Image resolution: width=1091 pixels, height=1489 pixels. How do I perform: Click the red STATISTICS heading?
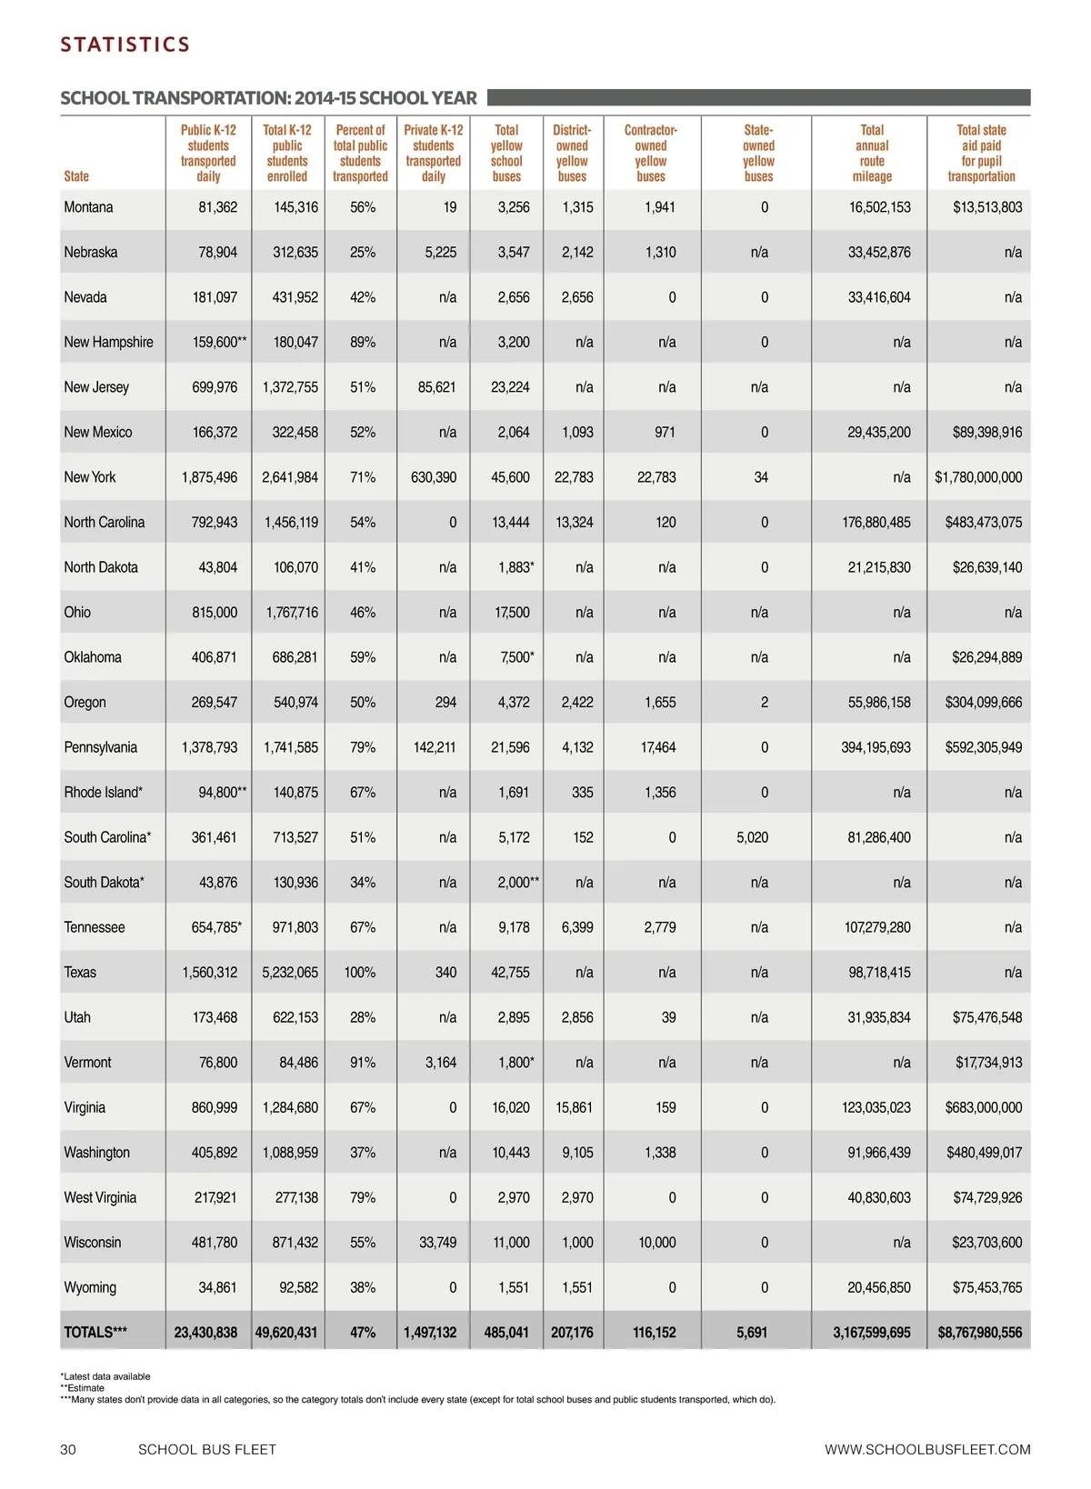125,45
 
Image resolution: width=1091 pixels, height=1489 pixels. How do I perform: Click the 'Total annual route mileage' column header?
872,154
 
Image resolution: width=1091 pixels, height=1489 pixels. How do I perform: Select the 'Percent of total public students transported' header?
360,154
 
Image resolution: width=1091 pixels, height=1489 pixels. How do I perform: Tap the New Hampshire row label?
108,342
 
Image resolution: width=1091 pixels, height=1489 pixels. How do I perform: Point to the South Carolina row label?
107,837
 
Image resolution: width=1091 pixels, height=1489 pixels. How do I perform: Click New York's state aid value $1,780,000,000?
978,477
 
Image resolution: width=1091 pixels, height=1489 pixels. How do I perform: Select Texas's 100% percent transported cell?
360,973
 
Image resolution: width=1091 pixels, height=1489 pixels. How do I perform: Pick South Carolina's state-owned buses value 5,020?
752,837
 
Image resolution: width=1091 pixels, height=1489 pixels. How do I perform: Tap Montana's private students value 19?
449,207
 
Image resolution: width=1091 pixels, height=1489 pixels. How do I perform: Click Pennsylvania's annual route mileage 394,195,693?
876,747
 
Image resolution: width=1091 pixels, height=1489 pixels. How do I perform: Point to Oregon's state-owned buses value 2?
764,703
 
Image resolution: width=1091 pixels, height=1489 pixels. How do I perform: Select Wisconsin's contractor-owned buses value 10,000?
656,1243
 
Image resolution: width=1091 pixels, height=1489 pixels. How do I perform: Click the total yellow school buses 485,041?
506,1333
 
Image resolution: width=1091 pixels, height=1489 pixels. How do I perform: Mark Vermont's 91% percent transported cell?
362,1063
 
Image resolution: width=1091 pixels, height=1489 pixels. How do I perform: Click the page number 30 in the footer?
68,1450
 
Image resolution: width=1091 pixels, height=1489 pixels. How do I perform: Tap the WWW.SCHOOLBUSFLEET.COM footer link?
927,1450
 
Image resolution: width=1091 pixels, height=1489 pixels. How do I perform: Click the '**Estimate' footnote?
82,1388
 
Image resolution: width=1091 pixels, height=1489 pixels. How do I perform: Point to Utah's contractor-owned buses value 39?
668,1017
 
